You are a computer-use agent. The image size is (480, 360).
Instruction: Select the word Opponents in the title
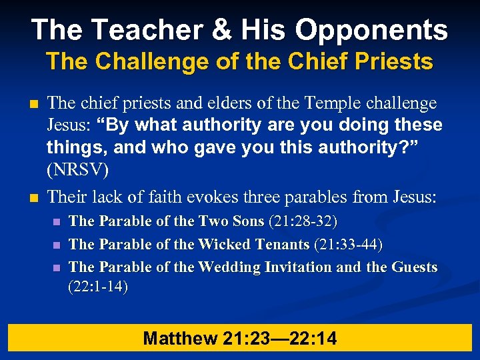point(372,30)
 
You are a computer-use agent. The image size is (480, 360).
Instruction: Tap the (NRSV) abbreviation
point(77,169)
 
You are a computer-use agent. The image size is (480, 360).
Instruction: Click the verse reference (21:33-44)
point(347,245)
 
